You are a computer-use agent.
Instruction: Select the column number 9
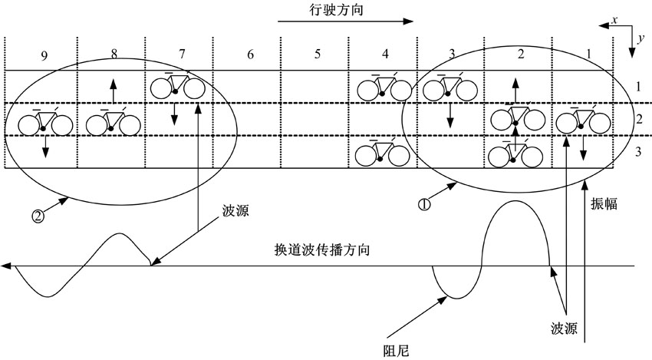(45, 54)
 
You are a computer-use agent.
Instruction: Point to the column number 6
(249, 54)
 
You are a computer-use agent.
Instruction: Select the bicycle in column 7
(178, 86)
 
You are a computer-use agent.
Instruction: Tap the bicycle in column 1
(583, 121)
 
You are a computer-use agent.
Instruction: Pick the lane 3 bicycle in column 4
(383, 153)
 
